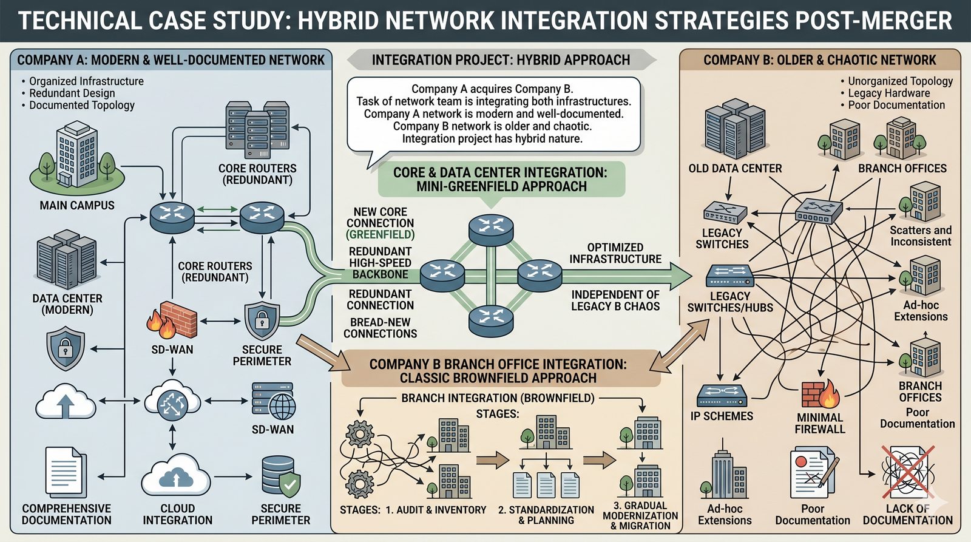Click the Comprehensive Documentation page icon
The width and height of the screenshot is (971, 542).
tap(66, 473)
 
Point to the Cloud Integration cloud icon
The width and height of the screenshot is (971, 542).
tap(177, 475)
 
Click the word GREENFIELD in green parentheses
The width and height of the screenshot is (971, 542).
tap(381, 235)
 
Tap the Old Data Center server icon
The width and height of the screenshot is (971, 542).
tap(735, 129)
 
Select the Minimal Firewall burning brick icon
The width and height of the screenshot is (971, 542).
tap(820, 393)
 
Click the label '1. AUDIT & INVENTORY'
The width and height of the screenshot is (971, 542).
tap(436, 510)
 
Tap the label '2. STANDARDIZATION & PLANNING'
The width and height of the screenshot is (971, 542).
tap(546, 515)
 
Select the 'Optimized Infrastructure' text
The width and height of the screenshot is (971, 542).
tap(615, 253)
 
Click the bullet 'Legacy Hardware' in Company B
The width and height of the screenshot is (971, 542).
tap(889, 93)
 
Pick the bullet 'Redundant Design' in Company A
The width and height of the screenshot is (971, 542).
tap(72, 93)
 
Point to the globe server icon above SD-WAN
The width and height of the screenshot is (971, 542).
tap(273, 401)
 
